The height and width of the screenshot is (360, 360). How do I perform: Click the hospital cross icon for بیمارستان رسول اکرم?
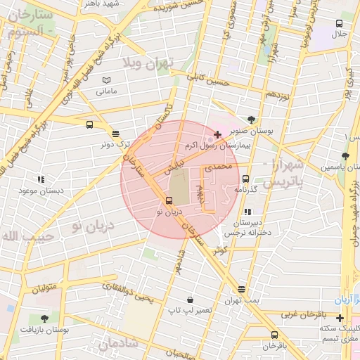(x=217, y=134)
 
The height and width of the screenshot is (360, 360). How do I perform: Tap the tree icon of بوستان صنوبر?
(x=252, y=119)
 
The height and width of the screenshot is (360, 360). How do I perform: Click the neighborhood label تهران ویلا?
(x=147, y=64)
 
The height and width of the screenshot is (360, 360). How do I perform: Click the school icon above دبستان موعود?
(x=41, y=180)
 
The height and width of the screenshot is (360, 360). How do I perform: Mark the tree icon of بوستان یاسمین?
(x=344, y=156)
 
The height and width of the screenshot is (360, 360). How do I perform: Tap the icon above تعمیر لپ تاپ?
(x=190, y=299)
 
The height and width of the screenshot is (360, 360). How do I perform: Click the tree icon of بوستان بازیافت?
(x=44, y=319)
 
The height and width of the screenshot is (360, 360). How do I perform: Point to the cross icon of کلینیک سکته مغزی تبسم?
(x=340, y=318)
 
